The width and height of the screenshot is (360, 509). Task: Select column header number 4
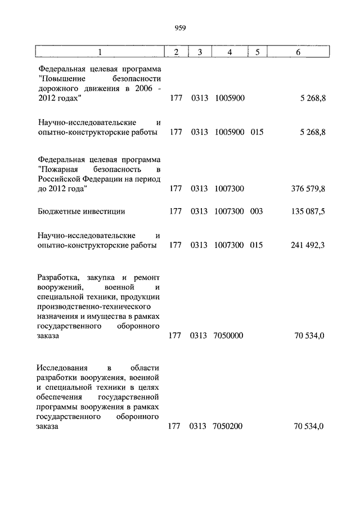click(229, 52)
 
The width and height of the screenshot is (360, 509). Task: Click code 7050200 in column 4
click(228, 426)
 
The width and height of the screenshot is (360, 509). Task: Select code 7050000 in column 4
click(228, 336)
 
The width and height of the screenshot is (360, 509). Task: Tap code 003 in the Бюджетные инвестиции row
click(256, 212)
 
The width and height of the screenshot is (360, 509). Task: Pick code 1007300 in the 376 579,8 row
click(229, 189)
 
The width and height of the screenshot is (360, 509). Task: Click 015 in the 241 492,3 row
click(256, 245)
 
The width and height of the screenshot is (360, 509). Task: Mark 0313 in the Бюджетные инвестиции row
click(199, 212)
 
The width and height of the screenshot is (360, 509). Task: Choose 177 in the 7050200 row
click(174, 426)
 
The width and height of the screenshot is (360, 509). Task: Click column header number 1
click(100, 52)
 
